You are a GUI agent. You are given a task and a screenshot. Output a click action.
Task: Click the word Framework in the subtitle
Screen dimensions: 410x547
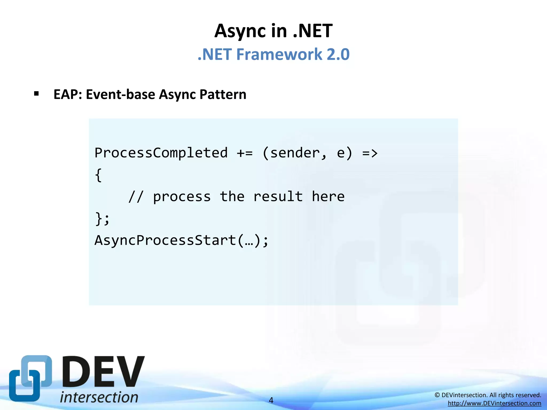coord(279,54)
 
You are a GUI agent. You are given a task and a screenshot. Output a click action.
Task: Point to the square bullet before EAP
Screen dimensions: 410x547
coord(37,94)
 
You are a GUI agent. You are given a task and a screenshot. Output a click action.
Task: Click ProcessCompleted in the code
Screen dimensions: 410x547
coord(161,153)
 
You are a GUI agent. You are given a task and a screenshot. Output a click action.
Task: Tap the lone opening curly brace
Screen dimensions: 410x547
coord(98,175)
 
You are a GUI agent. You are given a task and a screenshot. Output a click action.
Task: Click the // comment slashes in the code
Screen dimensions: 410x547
coord(136,197)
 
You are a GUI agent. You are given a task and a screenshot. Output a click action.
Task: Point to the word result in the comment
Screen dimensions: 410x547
coord(278,197)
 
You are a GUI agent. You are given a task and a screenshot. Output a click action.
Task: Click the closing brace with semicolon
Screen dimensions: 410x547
coord(102,219)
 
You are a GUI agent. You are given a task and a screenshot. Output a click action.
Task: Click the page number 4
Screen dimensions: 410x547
coord(271,400)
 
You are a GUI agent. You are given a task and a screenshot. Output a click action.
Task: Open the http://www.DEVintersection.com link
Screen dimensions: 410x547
coord(494,403)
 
